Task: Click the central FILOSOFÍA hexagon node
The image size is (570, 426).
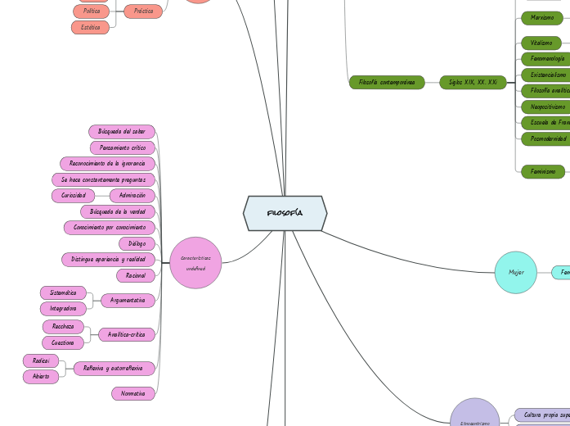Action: click(285, 213)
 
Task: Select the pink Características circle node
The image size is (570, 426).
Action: click(195, 262)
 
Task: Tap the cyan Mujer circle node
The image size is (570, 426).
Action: click(516, 272)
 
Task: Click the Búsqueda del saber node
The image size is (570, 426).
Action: click(122, 132)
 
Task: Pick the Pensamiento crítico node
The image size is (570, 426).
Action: click(123, 147)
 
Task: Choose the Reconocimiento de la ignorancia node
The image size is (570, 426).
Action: click(107, 164)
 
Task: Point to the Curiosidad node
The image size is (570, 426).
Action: click(74, 195)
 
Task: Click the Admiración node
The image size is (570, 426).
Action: click(132, 195)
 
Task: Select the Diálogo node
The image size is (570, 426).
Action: click(137, 243)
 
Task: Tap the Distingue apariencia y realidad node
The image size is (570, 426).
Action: click(108, 259)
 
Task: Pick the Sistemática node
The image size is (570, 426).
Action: click(63, 292)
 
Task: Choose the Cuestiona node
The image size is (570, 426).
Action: click(63, 342)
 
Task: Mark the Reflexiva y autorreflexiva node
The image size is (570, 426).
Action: click(114, 369)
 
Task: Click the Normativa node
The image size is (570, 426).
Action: click(132, 394)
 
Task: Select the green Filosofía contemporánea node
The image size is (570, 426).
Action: click(387, 82)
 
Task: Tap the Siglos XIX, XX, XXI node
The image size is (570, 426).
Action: click(473, 82)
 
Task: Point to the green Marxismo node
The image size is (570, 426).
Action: click(541, 17)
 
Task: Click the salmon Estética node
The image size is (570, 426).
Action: click(90, 27)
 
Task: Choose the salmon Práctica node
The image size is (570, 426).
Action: click(143, 11)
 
